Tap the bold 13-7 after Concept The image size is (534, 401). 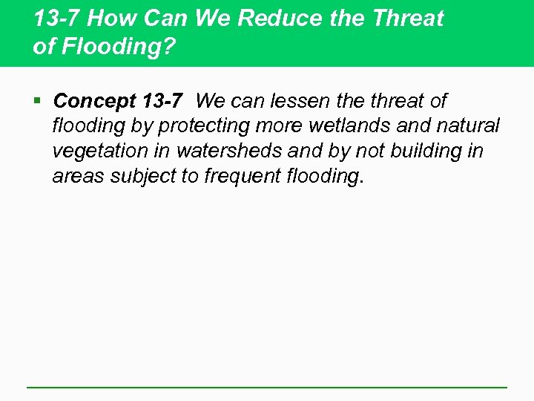(x=160, y=101)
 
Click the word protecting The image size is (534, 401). (x=216, y=126)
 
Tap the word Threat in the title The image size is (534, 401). (x=408, y=19)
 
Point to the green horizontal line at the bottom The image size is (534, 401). (x=267, y=387)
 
